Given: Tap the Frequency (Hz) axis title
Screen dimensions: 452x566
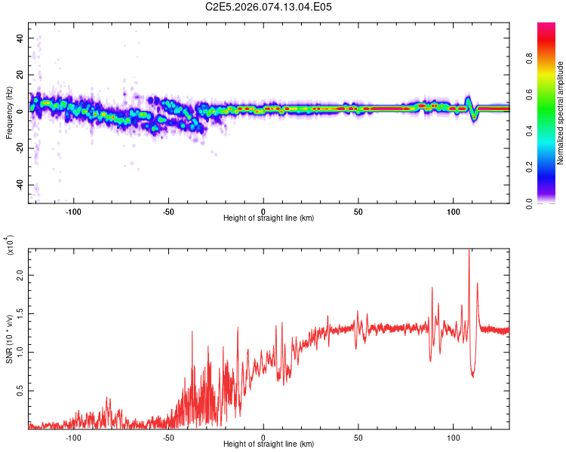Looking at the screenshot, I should point(9,112).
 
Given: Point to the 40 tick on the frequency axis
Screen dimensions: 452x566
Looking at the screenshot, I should point(20,38).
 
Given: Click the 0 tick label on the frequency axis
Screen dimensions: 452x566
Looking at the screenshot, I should point(20,111).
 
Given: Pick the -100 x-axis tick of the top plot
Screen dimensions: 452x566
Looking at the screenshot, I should point(73,211).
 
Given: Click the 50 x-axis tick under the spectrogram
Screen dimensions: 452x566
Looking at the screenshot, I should point(358,211).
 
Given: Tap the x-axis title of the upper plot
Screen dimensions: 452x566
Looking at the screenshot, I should point(269,218).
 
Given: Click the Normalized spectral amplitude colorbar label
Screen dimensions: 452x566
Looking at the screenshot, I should point(561,113).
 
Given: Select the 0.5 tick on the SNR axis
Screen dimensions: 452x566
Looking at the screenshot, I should point(20,391).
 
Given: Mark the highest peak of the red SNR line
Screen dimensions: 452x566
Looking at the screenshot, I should point(469,251).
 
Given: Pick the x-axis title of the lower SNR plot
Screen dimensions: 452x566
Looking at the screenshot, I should point(269,444).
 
